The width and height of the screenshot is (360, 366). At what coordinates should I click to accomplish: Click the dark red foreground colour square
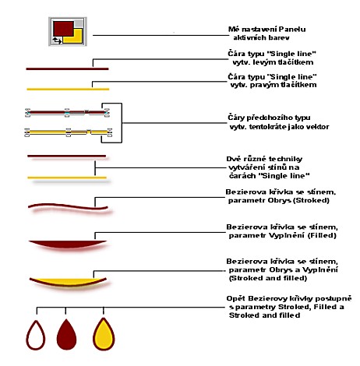(63, 29)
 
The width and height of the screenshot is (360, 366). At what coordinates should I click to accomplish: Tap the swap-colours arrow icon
(57, 40)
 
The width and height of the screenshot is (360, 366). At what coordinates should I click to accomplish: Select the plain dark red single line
(67, 69)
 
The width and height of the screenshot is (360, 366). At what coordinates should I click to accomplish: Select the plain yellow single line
(68, 90)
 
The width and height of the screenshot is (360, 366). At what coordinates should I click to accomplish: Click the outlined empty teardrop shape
(36, 335)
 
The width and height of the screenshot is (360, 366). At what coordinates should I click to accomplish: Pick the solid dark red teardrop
(66, 334)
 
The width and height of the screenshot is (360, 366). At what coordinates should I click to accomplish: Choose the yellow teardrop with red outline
(104, 334)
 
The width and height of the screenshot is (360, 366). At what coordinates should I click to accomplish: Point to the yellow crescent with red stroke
(68, 283)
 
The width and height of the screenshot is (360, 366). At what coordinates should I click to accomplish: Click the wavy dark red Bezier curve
(68, 206)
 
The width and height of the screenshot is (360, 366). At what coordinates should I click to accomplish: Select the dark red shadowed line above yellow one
(67, 157)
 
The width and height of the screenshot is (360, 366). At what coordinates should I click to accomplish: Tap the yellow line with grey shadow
(67, 178)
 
